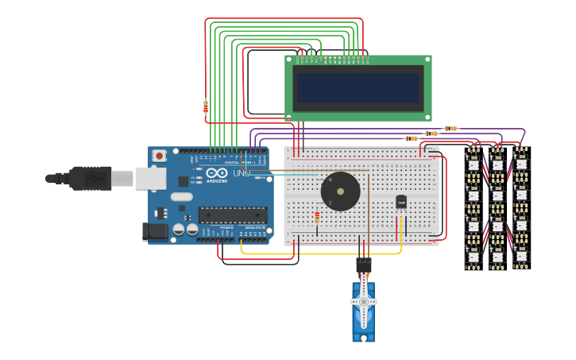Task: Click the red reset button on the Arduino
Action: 160,156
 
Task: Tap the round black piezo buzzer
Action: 340,192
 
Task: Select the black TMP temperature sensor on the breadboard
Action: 400,203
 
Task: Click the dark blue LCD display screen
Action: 358,87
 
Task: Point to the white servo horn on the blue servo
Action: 364,302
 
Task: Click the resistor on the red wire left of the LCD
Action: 206,106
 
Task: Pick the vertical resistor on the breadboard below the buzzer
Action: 317,218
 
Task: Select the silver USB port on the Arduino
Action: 149,178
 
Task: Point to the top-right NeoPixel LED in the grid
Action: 521,161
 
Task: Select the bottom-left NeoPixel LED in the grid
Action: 474,257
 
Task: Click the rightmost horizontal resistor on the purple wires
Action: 450,128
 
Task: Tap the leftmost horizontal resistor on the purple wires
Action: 411,138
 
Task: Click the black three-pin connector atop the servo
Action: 363,264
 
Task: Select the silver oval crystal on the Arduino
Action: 181,196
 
